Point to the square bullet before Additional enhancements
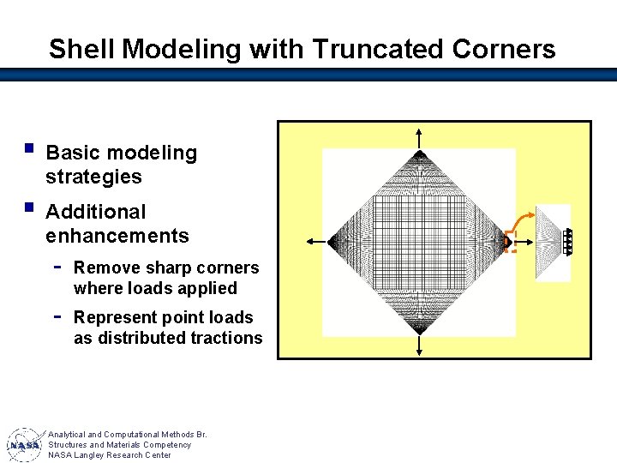(30, 207)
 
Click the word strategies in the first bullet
(93, 177)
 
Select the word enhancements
(117, 235)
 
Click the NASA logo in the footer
(24, 444)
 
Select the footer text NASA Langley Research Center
(109, 455)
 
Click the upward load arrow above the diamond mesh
(418, 138)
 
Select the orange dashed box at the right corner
(510, 242)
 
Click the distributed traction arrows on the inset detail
(568, 242)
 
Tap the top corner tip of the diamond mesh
(418, 154)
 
